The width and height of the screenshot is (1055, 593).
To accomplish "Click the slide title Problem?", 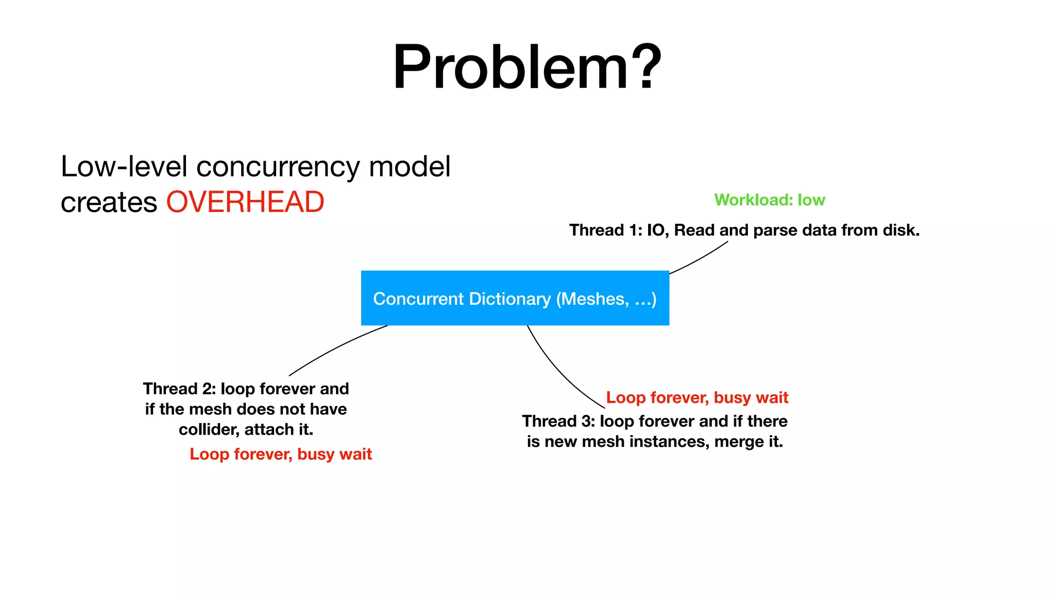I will (x=527, y=67).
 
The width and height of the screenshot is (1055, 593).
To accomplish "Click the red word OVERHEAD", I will (x=245, y=202).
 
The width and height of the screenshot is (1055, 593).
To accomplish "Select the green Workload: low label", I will (x=769, y=200).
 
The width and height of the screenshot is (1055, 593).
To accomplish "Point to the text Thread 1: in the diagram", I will (x=605, y=230).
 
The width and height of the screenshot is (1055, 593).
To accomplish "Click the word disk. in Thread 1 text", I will (x=901, y=230).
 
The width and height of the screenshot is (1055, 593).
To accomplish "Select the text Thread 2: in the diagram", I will (x=179, y=389).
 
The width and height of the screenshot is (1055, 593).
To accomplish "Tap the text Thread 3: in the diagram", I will (x=558, y=421).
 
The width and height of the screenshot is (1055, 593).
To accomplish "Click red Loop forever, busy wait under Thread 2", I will (x=280, y=454).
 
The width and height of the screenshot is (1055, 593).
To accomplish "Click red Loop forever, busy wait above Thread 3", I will (x=696, y=397).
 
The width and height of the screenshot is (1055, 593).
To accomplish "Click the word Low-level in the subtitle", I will (x=124, y=167).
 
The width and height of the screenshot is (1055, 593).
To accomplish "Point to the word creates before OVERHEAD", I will (x=108, y=202).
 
